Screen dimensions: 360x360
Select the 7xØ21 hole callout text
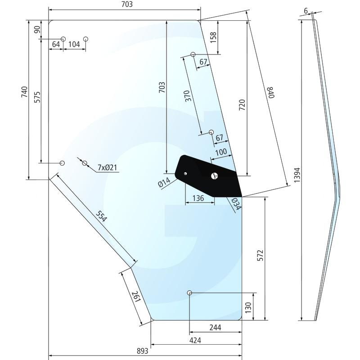(x=108, y=168)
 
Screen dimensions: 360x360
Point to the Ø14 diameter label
(x=164, y=182)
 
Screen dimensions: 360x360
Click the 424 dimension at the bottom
(x=195, y=340)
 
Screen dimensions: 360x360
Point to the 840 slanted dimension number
(x=270, y=93)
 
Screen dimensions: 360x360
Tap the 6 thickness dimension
(x=306, y=10)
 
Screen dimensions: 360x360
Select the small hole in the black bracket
(x=185, y=173)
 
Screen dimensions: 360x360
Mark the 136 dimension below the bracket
(x=198, y=198)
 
